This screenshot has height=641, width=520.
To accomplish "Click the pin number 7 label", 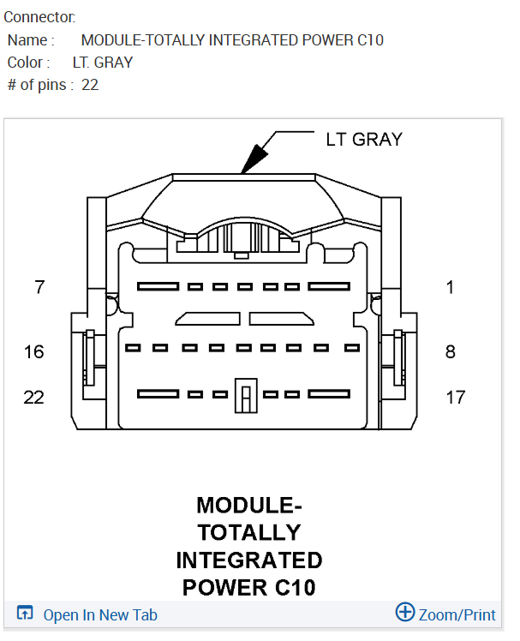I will click(39, 288).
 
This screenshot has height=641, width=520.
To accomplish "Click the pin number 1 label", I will click(451, 288).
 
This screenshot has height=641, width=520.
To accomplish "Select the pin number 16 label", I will click(34, 351).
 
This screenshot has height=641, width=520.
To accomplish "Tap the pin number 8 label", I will click(451, 351).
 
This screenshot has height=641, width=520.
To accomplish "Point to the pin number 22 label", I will click(34, 397).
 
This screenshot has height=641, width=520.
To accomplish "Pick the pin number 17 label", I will click(456, 397).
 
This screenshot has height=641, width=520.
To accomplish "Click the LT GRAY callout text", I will click(363, 140).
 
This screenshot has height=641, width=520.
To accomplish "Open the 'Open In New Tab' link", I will click(100, 614).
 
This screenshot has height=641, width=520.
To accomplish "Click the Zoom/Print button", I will click(457, 614).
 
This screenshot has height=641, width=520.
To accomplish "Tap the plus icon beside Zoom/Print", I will click(404, 612).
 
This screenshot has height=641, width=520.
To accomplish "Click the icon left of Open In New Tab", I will click(26, 614).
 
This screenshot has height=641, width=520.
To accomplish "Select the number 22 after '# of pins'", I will click(90, 85).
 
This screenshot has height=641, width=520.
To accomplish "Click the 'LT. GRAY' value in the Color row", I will click(103, 63).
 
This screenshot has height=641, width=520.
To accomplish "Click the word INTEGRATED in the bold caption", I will click(249, 560).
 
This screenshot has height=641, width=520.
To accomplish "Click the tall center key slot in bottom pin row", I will click(246, 396).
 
